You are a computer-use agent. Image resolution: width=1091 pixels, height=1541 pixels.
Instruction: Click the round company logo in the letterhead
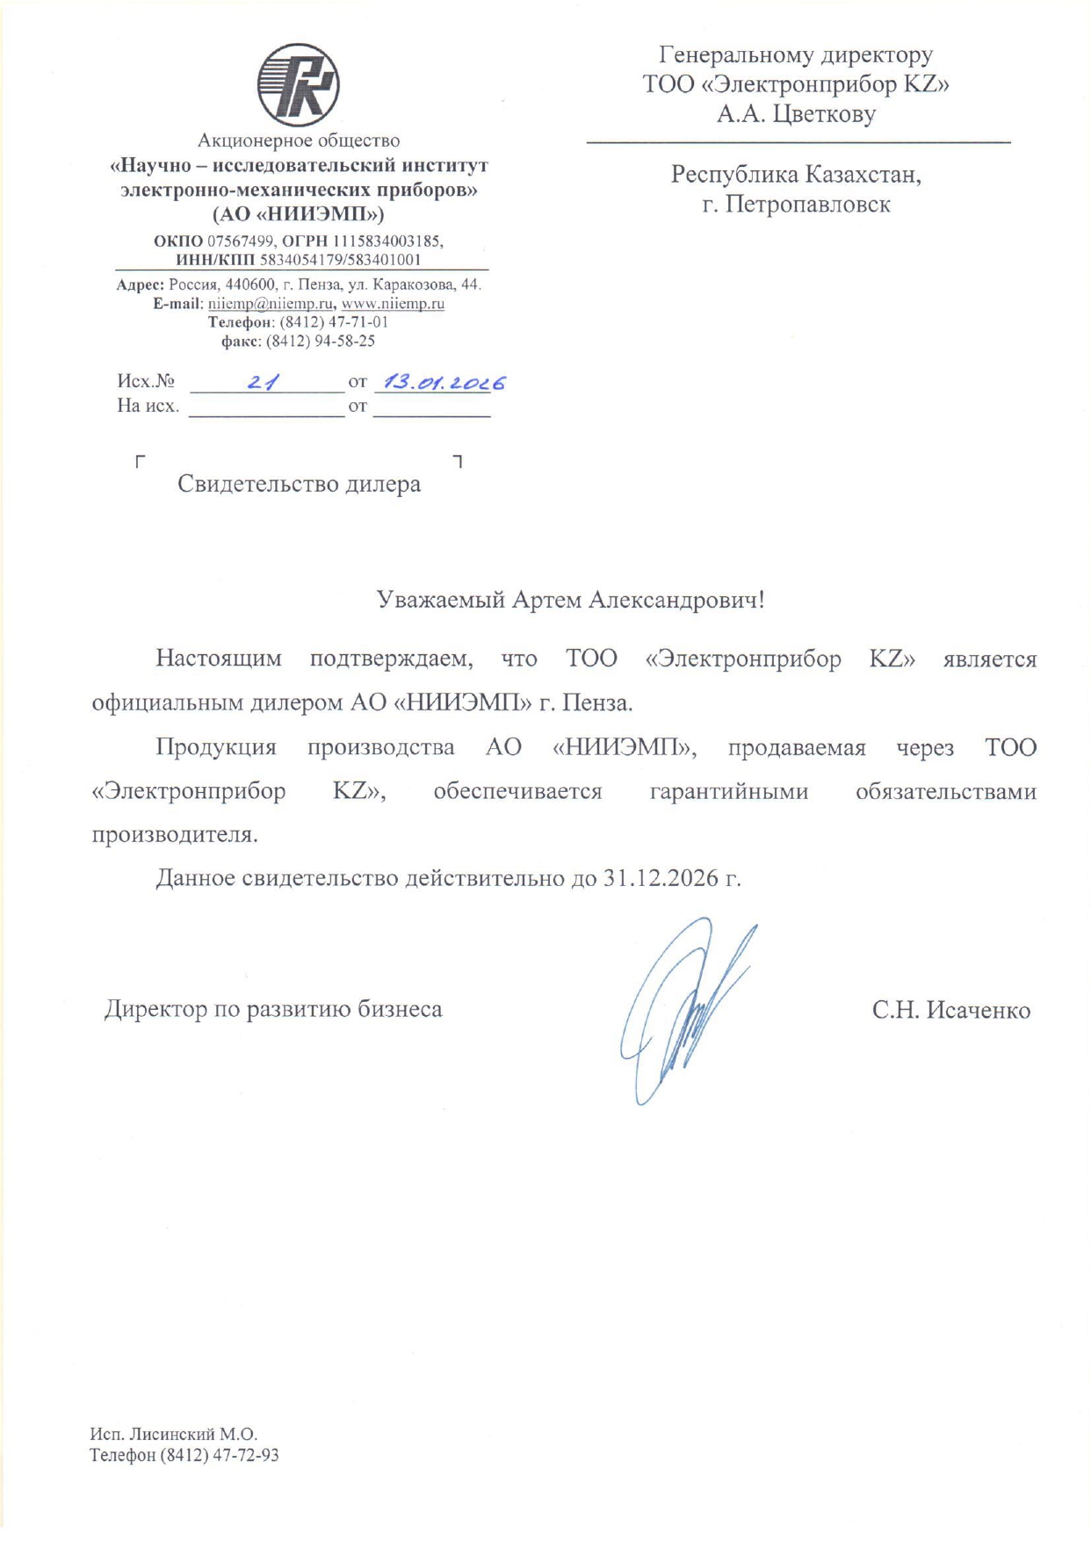298,85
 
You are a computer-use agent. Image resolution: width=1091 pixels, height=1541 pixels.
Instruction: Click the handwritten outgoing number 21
263,383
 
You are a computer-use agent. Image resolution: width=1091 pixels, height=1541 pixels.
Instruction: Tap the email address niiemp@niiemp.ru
271,304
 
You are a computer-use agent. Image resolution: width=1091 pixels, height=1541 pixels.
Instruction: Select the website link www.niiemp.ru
393,304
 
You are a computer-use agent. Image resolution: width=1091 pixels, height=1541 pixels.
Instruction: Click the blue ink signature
685,1010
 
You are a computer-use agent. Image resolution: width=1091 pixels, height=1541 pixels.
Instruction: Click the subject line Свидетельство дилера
299,484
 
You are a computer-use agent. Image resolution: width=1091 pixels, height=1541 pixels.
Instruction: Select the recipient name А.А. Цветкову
796,114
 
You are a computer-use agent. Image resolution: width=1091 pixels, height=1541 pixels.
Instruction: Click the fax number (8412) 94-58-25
321,341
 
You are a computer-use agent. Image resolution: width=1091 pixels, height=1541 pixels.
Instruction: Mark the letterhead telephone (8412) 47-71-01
334,322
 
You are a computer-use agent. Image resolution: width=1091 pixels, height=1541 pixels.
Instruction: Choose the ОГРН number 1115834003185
387,241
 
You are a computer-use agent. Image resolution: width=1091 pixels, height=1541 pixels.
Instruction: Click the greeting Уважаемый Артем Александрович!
570,600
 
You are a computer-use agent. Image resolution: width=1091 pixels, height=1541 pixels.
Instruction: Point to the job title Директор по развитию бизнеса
273,1010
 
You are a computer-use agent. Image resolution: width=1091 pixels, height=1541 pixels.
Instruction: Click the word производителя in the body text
175,834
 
